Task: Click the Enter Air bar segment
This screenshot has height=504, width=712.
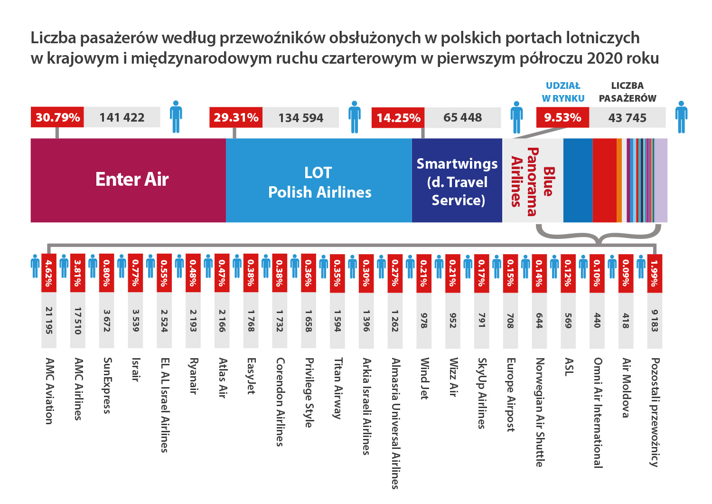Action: point(128,180)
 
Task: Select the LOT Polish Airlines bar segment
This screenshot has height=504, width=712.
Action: point(319,180)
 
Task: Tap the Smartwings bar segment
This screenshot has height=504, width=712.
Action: point(457,180)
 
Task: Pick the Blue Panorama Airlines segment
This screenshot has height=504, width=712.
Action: point(532,181)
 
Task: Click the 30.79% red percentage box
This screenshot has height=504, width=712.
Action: point(57,117)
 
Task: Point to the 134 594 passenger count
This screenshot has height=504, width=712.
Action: point(300,118)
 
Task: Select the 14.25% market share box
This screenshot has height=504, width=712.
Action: point(398,118)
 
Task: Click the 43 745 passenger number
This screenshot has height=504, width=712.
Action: point(627,118)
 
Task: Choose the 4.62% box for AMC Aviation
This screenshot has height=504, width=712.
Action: point(48,273)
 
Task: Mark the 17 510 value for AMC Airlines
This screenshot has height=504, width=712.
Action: point(77,321)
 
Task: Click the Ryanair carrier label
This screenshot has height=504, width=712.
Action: point(193,376)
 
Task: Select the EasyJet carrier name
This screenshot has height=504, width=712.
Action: point(251,376)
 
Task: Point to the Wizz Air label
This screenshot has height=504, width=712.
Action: point(453,377)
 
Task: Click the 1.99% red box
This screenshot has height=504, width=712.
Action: point(655,273)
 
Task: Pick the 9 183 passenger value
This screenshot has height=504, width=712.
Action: point(655,321)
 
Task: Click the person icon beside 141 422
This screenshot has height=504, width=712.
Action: point(176,116)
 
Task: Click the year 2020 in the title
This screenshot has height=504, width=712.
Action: point(604,58)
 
